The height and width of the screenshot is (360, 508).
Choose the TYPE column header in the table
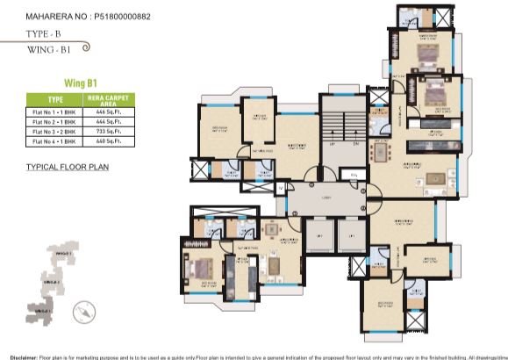(55, 100)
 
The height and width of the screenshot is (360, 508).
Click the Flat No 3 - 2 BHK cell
(55, 131)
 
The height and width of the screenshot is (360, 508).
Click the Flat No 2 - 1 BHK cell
(55, 121)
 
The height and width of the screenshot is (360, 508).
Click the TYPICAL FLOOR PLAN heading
(67, 165)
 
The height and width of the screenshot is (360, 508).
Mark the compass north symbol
(82, 308)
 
